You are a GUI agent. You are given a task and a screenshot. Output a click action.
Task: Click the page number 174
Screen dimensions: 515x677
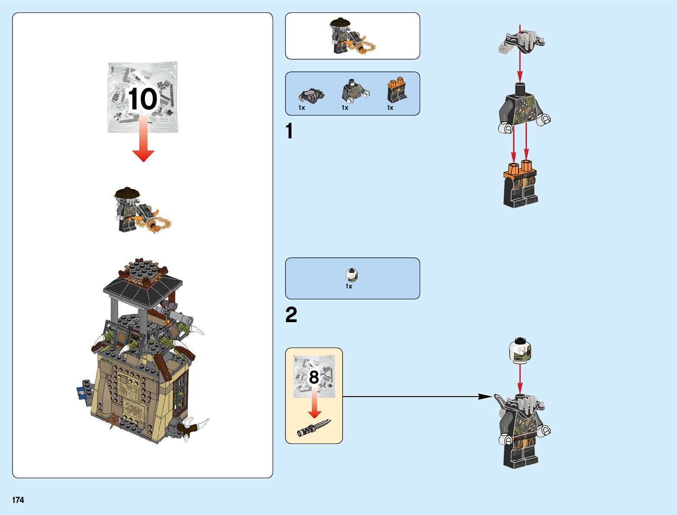(x=18, y=500)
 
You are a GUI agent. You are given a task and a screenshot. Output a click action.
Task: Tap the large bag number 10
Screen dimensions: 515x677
(x=143, y=99)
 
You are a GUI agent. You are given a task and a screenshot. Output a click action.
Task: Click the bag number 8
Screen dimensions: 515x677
(x=314, y=377)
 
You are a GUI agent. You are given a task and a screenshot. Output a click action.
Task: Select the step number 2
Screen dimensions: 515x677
(x=291, y=315)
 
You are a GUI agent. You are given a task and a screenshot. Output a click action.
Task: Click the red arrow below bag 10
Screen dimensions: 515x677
(x=143, y=143)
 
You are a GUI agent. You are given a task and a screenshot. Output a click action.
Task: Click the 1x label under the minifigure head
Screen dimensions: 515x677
(x=349, y=286)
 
